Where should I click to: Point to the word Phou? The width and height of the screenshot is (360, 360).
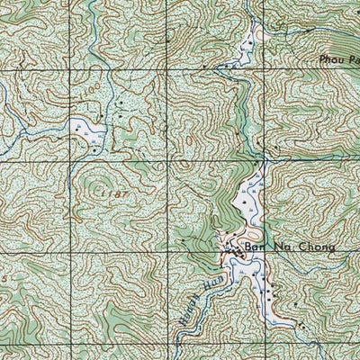pos(331,59)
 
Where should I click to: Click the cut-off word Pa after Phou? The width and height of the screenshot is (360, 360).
pos(353,59)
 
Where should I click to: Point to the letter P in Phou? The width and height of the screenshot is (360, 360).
pos(322,59)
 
